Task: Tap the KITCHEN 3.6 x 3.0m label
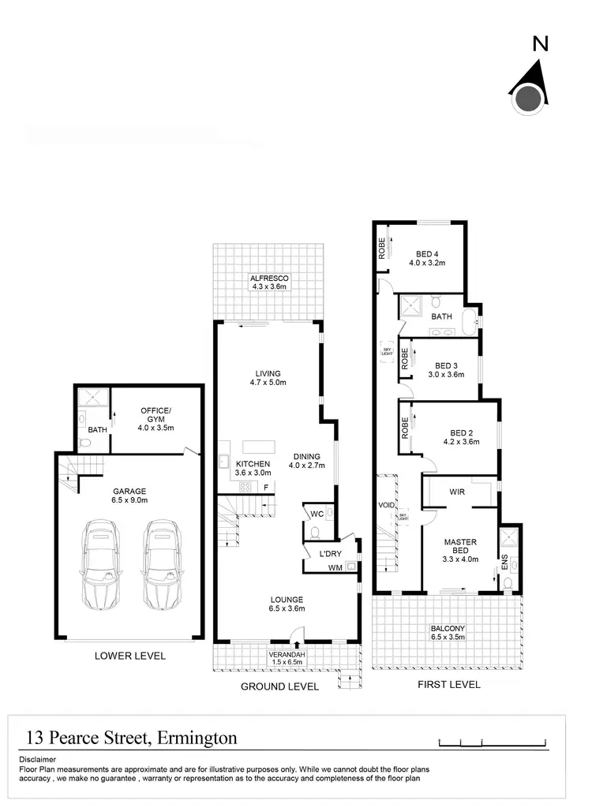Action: (x=253, y=468)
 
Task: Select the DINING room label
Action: (x=306, y=460)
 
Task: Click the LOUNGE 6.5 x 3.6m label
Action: (x=285, y=604)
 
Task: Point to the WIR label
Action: (x=457, y=491)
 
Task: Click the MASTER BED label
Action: (x=459, y=546)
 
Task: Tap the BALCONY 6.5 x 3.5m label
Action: (x=448, y=632)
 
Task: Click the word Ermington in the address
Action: (x=197, y=739)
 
